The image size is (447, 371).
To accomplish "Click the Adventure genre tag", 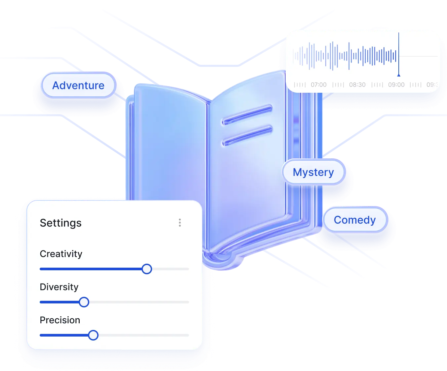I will pyautogui.click(x=78, y=85).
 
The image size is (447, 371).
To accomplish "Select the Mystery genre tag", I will pyautogui.click(x=313, y=172).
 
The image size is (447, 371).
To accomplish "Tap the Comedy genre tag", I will pyautogui.click(x=354, y=220).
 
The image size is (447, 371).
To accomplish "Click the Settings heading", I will pyautogui.click(x=61, y=223).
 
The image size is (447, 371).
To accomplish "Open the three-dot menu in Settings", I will pyautogui.click(x=180, y=223).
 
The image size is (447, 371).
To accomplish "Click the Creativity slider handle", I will pyautogui.click(x=147, y=269).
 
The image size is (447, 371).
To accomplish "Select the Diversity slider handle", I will pyautogui.click(x=84, y=302).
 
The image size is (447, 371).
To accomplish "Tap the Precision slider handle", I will pyautogui.click(x=94, y=335).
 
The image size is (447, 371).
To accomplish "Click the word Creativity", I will pyautogui.click(x=61, y=254).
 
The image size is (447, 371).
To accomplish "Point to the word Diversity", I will pyautogui.click(x=59, y=287).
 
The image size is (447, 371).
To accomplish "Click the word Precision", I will pyautogui.click(x=60, y=320).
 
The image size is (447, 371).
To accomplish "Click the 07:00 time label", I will pyautogui.click(x=318, y=85).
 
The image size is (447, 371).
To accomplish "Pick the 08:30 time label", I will pyautogui.click(x=357, y=85).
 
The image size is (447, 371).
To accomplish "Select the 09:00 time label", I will pyautogui.click(x=396, y=85).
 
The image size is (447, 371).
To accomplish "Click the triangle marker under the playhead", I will pyautogui.click(x=399, y=75).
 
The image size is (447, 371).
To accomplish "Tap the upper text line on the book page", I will pyautogui.click(x=247, y=115).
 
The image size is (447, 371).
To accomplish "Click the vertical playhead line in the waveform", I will pyautogui.click(x=399, y=53).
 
